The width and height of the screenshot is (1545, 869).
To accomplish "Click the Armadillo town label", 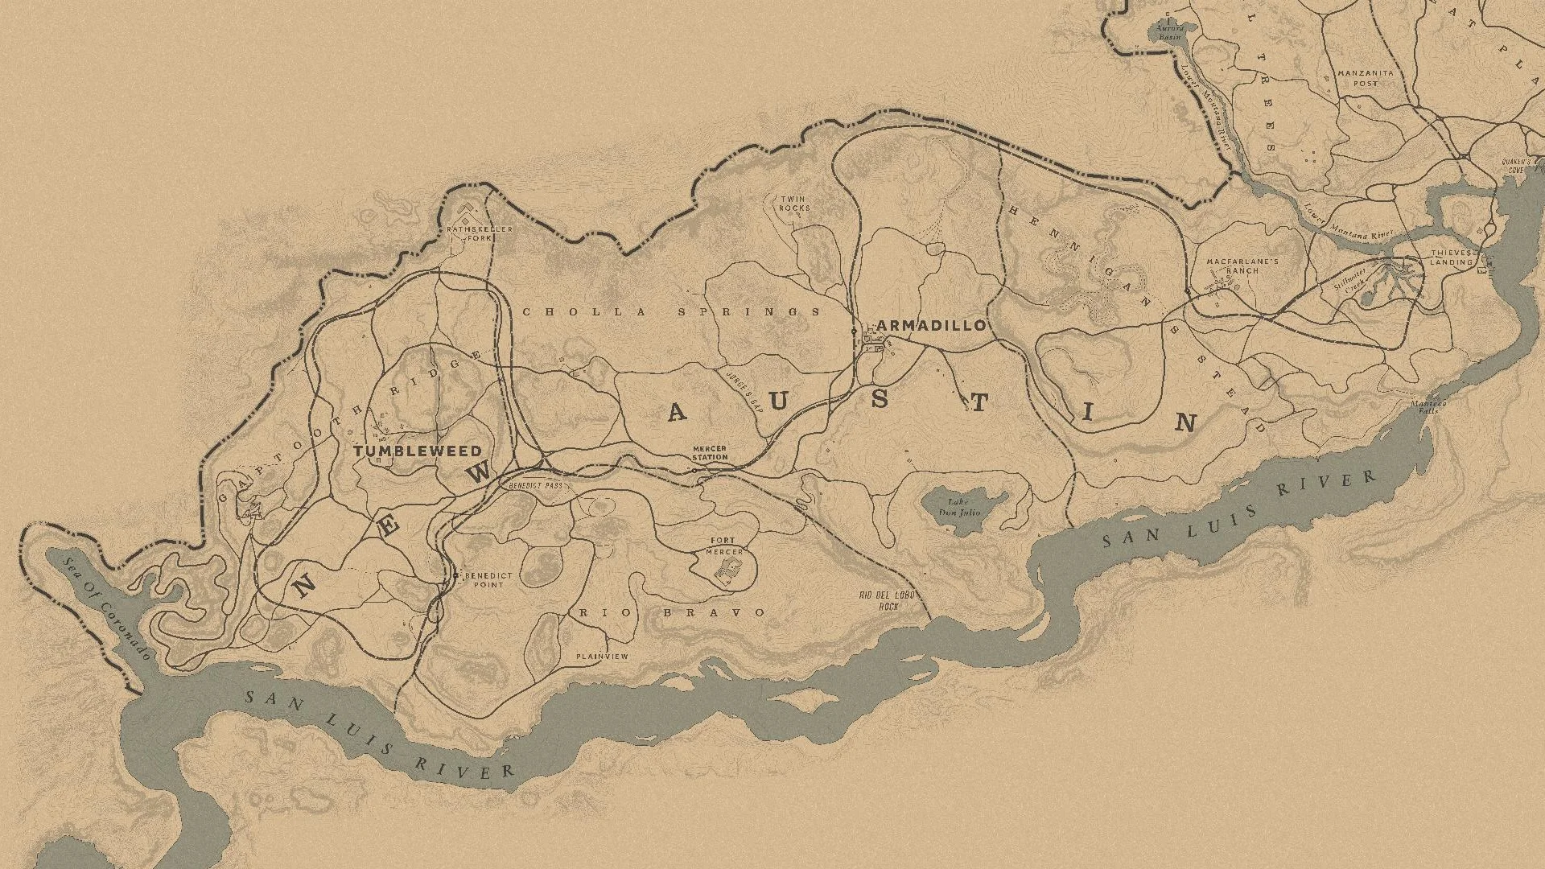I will pos(931,325).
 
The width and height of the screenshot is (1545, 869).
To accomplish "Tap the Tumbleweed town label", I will pos(418,451).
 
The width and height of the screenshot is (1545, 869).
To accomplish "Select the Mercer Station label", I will pos(710,453).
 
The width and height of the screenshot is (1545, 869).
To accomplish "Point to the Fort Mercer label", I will pos(723,546).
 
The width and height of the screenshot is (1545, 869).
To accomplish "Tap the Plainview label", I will pos(602,657).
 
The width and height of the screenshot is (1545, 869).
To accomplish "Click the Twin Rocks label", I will pos(793,204).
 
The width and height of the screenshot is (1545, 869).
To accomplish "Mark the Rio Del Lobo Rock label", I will pos(888,601).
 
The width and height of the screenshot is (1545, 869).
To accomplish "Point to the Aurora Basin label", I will pos(1169,33).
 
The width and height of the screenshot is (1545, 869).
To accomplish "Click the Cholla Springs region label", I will pos(672,312).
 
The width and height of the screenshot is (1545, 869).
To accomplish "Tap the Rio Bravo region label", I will pos(673,613).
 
